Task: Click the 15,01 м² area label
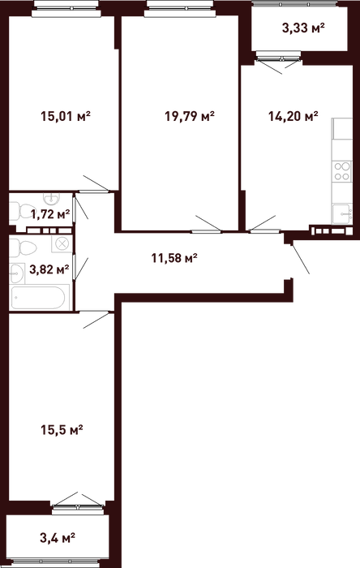[x=65, y=117]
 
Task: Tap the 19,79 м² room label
[x=190, y=117]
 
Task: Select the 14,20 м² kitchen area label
[x=293, y=116]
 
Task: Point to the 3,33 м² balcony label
[x=302, y=28]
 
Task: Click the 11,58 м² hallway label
[x=174, y=259]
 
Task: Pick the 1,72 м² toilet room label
[x=50, y=214]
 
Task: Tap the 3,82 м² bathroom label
[x=49, y=269]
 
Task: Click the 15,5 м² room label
[x=62, y=430]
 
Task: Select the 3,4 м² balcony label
[x=58, y=537]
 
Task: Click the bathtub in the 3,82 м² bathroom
[x=39, y=298]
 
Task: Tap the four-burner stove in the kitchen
[x=342, y=171]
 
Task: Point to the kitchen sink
[x=342, y=214]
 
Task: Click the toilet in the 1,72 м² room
[x=17, y=211]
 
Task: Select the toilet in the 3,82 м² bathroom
[x=23, y=248]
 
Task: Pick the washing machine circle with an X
[x=62, y=243]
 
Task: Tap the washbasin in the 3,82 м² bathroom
[x=17, y=273]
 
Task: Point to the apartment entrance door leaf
[x=300, y=259]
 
